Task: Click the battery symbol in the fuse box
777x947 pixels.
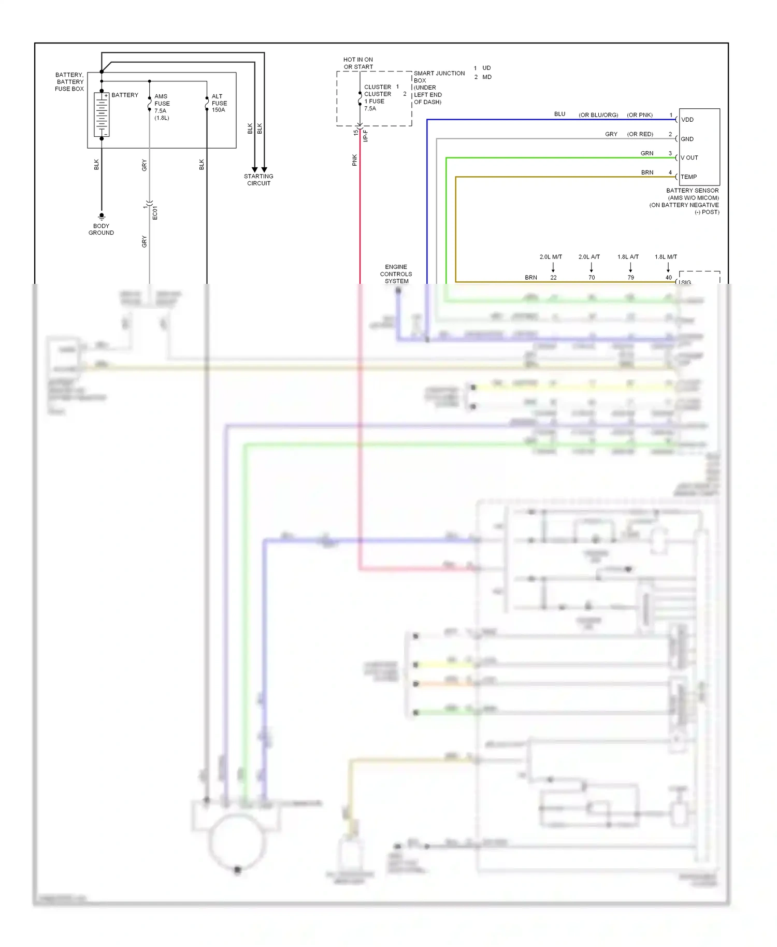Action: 102,115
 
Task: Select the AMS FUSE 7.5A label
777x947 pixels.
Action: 162,107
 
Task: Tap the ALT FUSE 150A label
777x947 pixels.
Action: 219,103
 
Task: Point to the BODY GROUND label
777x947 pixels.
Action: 101,229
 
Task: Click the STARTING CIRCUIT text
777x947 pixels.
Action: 258,180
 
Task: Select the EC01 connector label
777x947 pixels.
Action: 155,212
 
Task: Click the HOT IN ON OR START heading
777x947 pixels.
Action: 358,63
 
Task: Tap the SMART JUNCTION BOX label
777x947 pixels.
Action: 439,77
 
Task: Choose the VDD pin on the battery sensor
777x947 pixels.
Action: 687,120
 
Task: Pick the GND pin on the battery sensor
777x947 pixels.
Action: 687,139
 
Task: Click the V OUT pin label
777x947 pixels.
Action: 689,157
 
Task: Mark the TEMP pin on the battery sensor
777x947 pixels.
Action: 688,177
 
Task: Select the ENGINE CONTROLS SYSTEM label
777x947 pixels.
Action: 396,274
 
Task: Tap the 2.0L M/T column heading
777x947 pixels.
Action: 551,257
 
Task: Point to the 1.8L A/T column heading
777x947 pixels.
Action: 628,257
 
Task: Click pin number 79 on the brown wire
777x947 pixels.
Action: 630,278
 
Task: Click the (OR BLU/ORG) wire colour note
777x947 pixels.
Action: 598,115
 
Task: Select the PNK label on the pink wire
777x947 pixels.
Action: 355,160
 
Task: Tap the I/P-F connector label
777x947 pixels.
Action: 366,136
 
